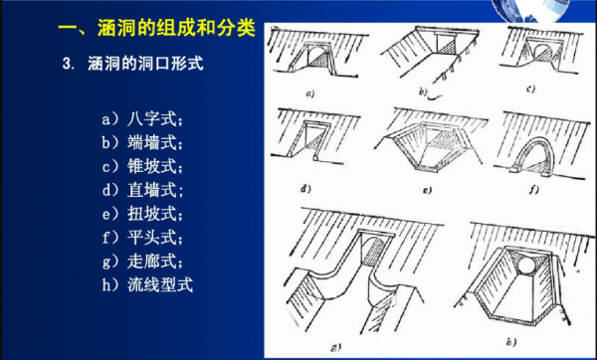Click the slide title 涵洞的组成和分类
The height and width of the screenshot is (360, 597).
tap(176, 28)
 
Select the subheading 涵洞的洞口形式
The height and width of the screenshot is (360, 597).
tap(145, 64)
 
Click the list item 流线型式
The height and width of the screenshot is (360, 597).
tap(160, 284)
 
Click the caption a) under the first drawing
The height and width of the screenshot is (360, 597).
tap(310, 93)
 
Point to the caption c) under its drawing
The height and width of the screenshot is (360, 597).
tap(530, 89)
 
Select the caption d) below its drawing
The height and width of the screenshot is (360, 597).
tap(305, 188)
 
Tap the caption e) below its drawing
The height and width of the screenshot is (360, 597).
tap(427, 190)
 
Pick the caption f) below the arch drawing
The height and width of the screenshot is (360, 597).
tap(533, 189)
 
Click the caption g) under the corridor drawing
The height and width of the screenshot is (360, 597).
tap(336, 347)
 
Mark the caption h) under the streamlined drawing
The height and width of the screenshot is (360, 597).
tap(511, 342)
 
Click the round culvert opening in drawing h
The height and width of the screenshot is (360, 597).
tap(527, 266)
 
